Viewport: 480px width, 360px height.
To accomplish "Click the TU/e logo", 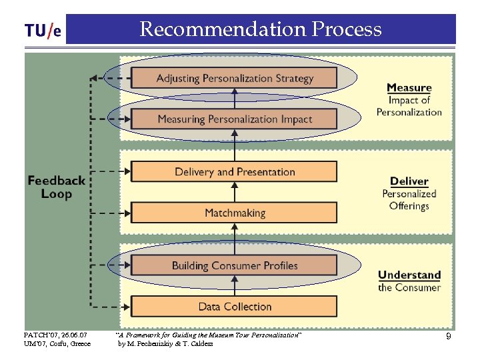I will point(43,31).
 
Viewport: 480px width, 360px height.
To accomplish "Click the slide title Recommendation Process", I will point(261,29).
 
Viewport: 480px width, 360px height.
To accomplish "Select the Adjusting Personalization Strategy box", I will point(234,78).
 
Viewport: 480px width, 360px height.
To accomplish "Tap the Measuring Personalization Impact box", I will point(234,119).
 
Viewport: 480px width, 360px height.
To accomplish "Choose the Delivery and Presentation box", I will point(234,172).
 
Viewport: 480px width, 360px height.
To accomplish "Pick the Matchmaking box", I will point(234,213).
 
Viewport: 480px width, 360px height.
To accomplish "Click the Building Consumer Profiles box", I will point(234,265).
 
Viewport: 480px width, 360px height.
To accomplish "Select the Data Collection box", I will point(234,307).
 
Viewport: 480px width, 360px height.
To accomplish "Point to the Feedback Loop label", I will point(56,187).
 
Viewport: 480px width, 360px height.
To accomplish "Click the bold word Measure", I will point(409,87).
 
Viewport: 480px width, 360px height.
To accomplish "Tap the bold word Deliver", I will point(409,181).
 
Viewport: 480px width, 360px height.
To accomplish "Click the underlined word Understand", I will point(409,275).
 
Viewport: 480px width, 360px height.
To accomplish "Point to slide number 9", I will point(449,337).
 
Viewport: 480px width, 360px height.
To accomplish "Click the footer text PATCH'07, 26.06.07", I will point(55,335).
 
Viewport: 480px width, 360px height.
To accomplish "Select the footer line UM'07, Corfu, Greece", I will point(57,344).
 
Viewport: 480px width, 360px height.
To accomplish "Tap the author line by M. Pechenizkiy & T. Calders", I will point(165,344).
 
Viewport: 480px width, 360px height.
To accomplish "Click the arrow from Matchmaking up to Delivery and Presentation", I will point(234,193).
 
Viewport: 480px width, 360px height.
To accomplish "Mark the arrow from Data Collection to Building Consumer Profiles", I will point(234,286).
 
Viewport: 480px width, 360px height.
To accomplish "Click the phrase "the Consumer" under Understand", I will point(409,287).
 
